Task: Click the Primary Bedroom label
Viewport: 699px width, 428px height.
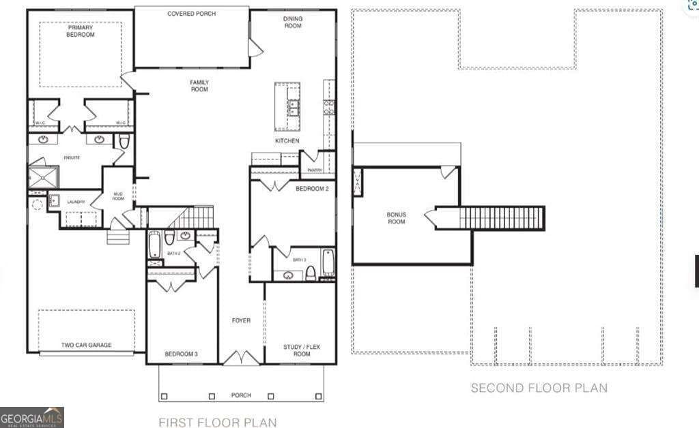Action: coord(81,31)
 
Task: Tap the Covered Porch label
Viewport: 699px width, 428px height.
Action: coord(192,14)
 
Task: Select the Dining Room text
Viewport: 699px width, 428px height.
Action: coord(293,22)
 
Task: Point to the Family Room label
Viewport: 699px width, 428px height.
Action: coord(199,85)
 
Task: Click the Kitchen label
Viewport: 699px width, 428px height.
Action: coord(287,141)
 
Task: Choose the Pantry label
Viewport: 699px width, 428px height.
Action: coord(315,170)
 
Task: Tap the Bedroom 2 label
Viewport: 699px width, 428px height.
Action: coord(312,189)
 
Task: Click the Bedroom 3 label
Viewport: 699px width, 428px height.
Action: coord(181,354)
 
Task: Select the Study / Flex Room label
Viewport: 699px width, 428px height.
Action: coord(301,350)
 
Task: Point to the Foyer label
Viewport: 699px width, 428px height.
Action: coord(241,320)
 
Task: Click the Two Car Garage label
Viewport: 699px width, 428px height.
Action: coord(86,345)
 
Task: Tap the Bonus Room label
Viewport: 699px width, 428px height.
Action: coord(396,218)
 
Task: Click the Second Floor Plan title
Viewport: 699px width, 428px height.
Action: coord(539,388)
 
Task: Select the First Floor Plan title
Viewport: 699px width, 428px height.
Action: coord(218,423)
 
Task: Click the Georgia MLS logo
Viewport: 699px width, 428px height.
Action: coord(32,417)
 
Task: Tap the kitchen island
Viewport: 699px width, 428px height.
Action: coord(287,106)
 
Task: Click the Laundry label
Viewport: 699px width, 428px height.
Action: coord(76,202)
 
